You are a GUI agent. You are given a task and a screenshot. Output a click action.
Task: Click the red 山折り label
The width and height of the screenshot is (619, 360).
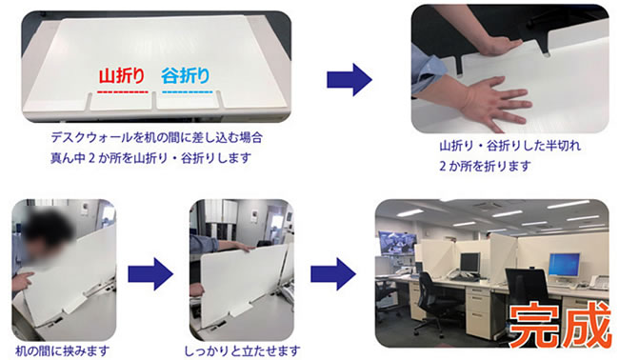[122, 76]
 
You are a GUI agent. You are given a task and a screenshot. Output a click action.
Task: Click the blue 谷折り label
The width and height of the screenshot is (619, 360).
[186, 76]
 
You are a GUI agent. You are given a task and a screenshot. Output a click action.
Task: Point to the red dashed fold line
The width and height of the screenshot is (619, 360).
[123, 92]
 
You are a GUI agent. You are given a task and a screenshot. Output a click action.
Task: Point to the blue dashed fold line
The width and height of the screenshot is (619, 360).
[188, 92]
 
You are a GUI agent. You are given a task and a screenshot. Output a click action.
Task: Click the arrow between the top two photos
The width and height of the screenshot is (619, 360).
[349, 80]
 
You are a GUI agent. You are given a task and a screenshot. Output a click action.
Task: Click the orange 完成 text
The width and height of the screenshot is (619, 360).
[560, 325]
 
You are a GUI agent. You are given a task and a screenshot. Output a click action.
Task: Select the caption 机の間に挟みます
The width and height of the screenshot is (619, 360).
[62, 350]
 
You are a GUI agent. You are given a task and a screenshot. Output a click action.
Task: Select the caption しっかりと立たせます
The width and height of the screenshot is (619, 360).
[242, 350]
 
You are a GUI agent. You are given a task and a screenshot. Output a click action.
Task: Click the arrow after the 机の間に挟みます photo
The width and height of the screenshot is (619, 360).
[150, 274]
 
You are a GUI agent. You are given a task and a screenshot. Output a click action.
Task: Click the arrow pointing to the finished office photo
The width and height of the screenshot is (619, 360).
[332, 274]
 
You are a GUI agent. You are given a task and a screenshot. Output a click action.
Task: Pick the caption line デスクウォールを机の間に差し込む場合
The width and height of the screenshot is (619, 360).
[157, 137]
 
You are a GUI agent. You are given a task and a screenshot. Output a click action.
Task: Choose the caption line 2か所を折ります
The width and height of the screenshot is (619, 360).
[485, 166]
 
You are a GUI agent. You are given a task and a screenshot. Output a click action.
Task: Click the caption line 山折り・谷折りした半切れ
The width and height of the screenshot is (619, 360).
[510, 146]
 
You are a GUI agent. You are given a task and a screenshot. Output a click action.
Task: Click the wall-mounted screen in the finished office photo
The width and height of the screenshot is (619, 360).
[397, 242]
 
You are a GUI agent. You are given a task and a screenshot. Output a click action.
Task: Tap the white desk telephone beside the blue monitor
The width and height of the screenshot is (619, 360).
[600, 283]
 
